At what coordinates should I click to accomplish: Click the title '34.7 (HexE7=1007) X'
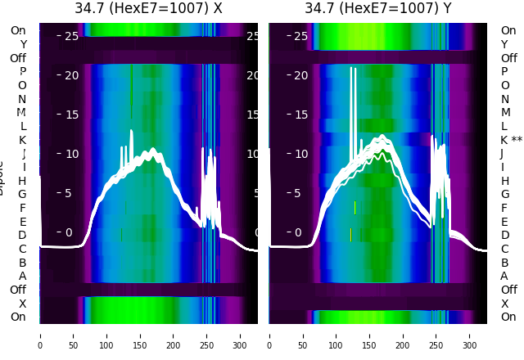pyautogui.click(x=148, y=9)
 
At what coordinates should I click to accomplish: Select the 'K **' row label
pyautogui.click(x=511, y=140)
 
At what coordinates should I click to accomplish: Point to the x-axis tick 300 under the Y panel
pyautogui.click(x=471, y=335)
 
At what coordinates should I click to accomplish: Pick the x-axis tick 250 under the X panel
pyautogui.click(x=207, y=335)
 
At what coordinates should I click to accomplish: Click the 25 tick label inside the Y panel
pyautogui.click(x=301, y=36)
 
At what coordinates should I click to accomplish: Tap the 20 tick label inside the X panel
pyautogui.click(x=71, y=75)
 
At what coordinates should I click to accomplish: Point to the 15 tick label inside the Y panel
pyautogui.click(x=301, y=114)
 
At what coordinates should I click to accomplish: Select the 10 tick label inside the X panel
pyautogui.click(x=71, y=153)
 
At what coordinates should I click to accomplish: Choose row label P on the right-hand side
pyautogui.click(x=504, y=72)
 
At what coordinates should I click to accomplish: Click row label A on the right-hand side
pyautogui.click(x=504, y=276)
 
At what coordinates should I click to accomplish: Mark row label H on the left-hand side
pyautogui.click(x=23, y=181)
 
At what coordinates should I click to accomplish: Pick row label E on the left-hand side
pyautogui.click(x=23, y=222)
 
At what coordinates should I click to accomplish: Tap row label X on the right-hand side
pyautogui.click(x=504, y=304)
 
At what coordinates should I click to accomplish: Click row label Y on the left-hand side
pyautogui.click(x=23, y=44)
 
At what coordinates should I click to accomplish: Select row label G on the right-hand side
pyautogui.click(x=504, y=195)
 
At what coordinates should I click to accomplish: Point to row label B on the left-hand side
pyautogui.click(x=23, y=263)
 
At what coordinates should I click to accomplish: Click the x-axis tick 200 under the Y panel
pyautogui.click(x=404, y=335)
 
